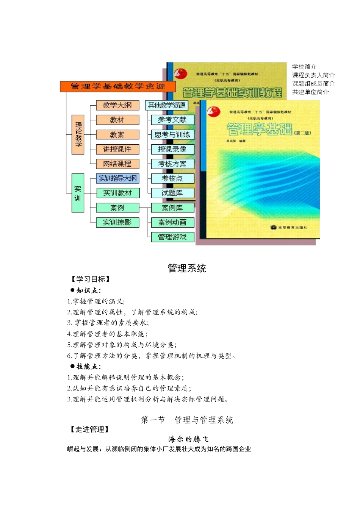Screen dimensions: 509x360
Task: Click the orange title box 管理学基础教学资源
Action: point(117,86)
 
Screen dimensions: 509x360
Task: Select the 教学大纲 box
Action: point(117,105)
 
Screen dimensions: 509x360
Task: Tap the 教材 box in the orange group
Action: point(117,120)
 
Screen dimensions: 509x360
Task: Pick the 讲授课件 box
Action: point(117,149)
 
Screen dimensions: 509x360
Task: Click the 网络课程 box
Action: point(117,164)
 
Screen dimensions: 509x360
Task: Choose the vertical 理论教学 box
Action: point(78,134)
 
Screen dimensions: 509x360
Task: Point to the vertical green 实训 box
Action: point(78,193)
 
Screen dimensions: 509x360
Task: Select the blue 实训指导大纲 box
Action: point(117,178)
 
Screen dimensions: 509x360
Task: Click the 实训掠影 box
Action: point(117,222)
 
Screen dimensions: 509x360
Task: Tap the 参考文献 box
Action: point(172,120)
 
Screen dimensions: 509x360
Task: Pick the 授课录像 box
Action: point(172,149)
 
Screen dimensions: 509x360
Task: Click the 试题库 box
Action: point(172,193)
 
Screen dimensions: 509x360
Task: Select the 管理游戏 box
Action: point(172,237)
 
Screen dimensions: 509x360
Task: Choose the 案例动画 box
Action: point(172,222)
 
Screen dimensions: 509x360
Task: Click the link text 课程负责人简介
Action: point(313,75)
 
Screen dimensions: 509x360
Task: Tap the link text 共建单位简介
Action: point(310,92)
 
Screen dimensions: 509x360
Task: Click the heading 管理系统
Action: point(187,269)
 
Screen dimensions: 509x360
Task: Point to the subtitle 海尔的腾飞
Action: point(188,439)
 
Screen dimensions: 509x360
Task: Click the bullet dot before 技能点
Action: point(72,366)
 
